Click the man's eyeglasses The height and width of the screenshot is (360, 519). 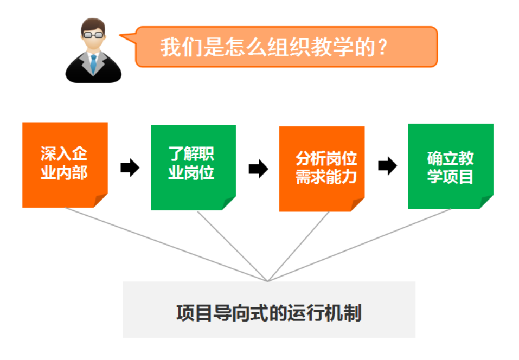[93, 35]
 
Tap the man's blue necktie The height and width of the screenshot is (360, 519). [93, 64]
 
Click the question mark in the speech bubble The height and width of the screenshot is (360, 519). [383, 47]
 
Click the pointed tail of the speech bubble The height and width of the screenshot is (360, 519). [120, 35]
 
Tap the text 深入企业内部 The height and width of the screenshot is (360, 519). [64, 163]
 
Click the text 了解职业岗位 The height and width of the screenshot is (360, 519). [191, 163]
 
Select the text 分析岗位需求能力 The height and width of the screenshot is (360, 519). [326, 168]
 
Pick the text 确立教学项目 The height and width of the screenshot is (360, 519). [450, 167]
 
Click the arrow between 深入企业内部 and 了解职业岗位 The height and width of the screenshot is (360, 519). [130, 168]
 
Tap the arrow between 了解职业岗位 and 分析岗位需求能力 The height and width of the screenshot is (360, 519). [259, 169]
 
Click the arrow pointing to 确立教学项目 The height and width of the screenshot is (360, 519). [388, 166]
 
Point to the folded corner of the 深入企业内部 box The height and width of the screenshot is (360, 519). [100, 200]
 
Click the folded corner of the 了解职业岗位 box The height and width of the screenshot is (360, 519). [228, 203]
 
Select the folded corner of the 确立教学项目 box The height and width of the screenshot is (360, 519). [485, 201]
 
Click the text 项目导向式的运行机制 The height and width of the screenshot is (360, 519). [269, 313]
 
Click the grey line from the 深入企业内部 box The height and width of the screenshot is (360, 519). [166, 245]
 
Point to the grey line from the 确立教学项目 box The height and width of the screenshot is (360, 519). [359, 245]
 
